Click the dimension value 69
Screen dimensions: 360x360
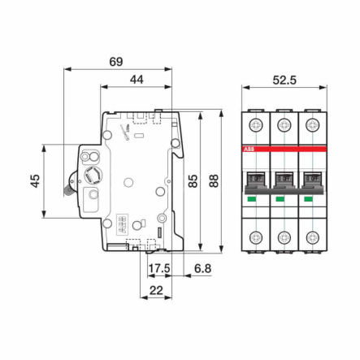pyautogui.click(x=116, y=62)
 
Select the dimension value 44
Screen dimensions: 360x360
pyautogui.click(x=136, y=80)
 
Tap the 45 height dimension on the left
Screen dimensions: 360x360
pyautogui.click(x=35, y=180)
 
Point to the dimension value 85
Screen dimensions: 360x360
pyautogui.click(x=193, y=180)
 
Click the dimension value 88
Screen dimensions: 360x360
pyautogui.click(x=214, y=180)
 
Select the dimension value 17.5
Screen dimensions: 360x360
pyautogui.click(x=158, y=268)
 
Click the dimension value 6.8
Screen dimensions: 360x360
pyautogui.click(x=202, y=268)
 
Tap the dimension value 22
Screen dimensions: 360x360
pyautogui.click(x=157, y=289)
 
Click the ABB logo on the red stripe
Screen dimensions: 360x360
pyautogui.click(x=249, y=150)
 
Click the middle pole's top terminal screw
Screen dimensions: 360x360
pyautogui.click(x=284, y=124)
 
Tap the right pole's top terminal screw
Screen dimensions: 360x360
pyautogui.click(x=311, y=124)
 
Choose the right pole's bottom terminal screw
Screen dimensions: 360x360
pyautogui.click(x=311, y=237)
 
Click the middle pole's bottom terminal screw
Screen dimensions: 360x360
pyautogui.click(x=284, y=237)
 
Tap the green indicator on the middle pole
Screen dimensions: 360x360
pyautogui.click(x=280, y=198)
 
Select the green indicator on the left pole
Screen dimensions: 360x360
pyautogui.click(x=252, y=198)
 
